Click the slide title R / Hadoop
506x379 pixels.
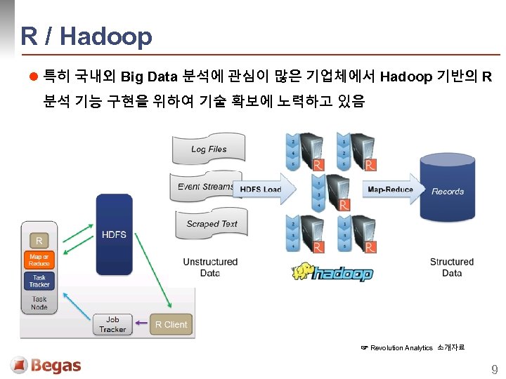click(86, 36)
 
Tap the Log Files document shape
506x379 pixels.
click(208, 149)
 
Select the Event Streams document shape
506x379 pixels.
click(205, 187)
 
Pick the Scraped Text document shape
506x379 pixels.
click(211, 224)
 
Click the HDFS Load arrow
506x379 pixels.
click(261, 189)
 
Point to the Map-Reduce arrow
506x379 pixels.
click(390, 189)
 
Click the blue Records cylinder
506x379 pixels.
click(447, 191)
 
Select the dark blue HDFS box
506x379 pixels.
click(114, 234)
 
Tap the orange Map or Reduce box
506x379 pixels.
click(39, 260)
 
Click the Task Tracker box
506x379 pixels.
click(39, 281)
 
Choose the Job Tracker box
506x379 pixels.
click(112, 324)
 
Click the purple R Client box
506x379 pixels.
click(171, 324)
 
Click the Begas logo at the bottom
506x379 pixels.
click(46, 366)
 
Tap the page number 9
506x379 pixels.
click(494, 369)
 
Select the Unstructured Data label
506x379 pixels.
click(210, 267)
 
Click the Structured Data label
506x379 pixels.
click(452, 267)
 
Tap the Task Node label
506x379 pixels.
click(39, 303)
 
